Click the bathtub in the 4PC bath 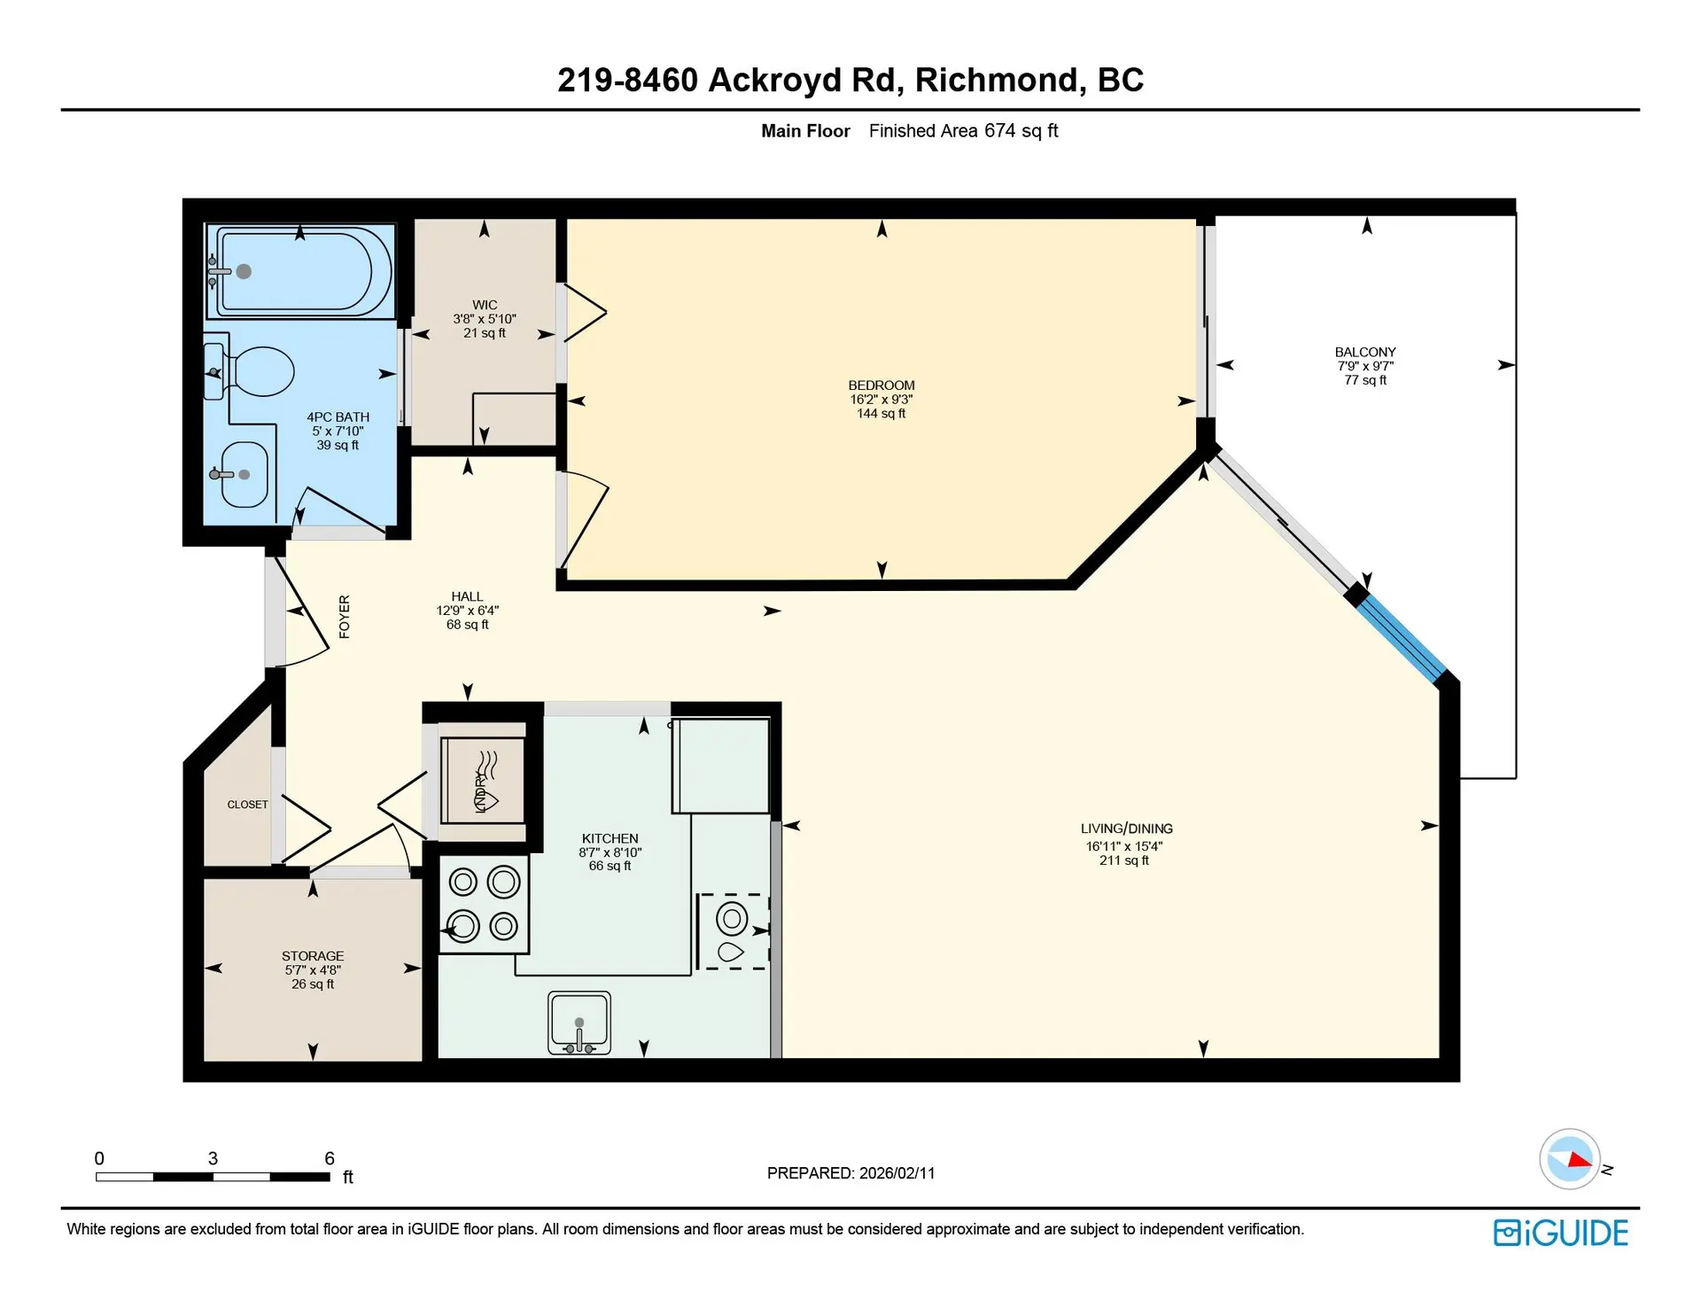301,271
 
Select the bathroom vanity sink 244,475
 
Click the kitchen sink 579,1022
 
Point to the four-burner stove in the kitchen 484,904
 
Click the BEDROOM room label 881,385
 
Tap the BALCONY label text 1364,352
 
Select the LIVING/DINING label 1126,829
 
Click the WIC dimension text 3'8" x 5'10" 484,319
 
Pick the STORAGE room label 313,956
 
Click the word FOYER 345,616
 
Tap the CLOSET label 247,805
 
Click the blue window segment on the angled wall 1402,636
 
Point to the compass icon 1570,1159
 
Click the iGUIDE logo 1560,1233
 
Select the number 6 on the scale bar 330,1158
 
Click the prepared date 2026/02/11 897,1173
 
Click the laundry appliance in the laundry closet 483,781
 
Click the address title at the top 850,80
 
